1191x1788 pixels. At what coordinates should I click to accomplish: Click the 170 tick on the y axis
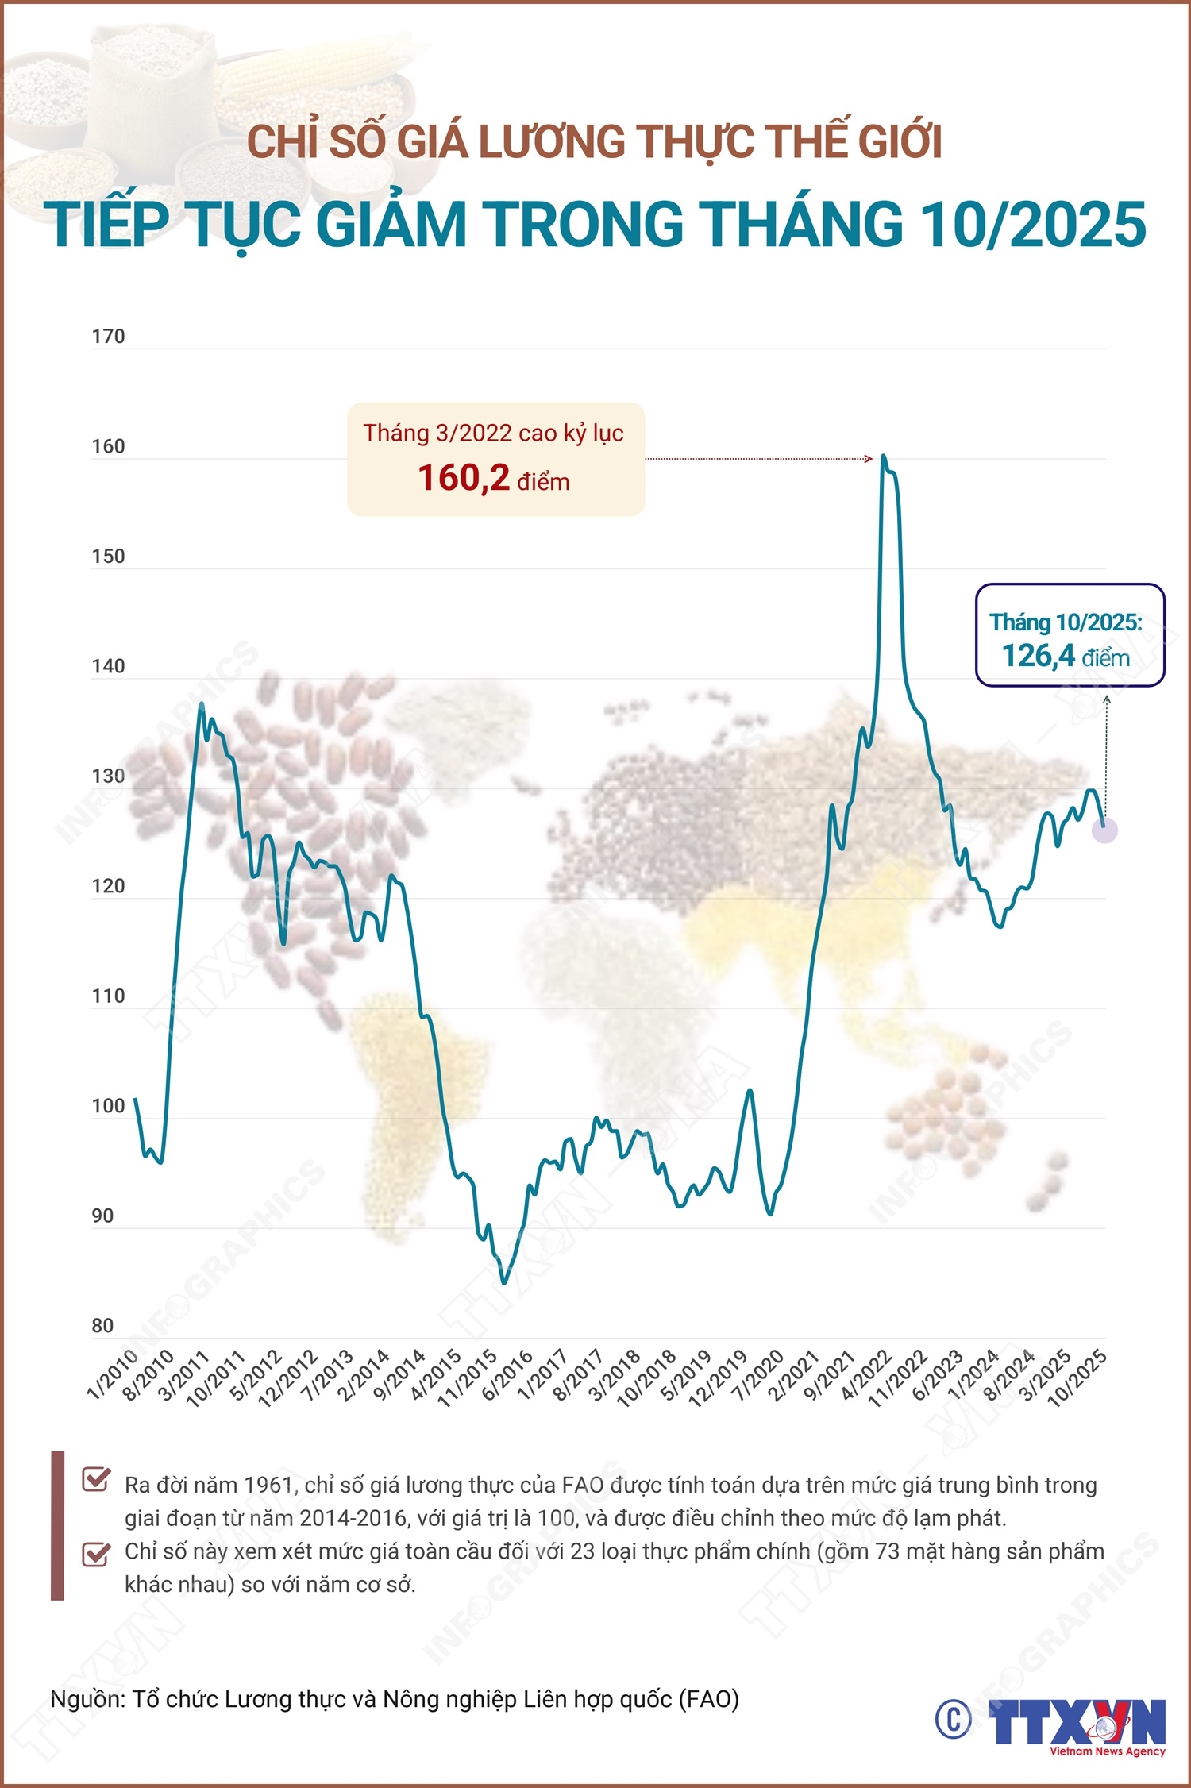tap(108, 337)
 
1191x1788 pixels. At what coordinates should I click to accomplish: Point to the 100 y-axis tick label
tap(108, 1106)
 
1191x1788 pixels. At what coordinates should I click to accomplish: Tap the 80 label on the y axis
tap(102, 1326)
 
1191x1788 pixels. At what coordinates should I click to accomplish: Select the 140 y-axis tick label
tap(108, 666)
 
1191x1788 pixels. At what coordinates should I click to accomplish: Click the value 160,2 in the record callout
tap(464, 478)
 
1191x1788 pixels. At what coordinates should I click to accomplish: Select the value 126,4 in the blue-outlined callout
tap(1038, 656)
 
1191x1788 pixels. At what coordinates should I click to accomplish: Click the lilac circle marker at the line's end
tap(1104, 830)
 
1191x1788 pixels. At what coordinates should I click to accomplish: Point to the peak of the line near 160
tap(884, 457)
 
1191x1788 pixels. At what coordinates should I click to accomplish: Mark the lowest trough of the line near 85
tap(503, 1281)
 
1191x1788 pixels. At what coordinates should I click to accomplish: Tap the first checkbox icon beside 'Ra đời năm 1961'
tap(96, 1479)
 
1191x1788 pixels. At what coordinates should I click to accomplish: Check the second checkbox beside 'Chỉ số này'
tap(96, 1553)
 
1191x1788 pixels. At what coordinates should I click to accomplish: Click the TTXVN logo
tap(1077, 1724)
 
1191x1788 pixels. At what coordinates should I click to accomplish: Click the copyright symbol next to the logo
tap(953, 1720)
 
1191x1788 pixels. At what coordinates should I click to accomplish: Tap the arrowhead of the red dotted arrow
tap(869, 458)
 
